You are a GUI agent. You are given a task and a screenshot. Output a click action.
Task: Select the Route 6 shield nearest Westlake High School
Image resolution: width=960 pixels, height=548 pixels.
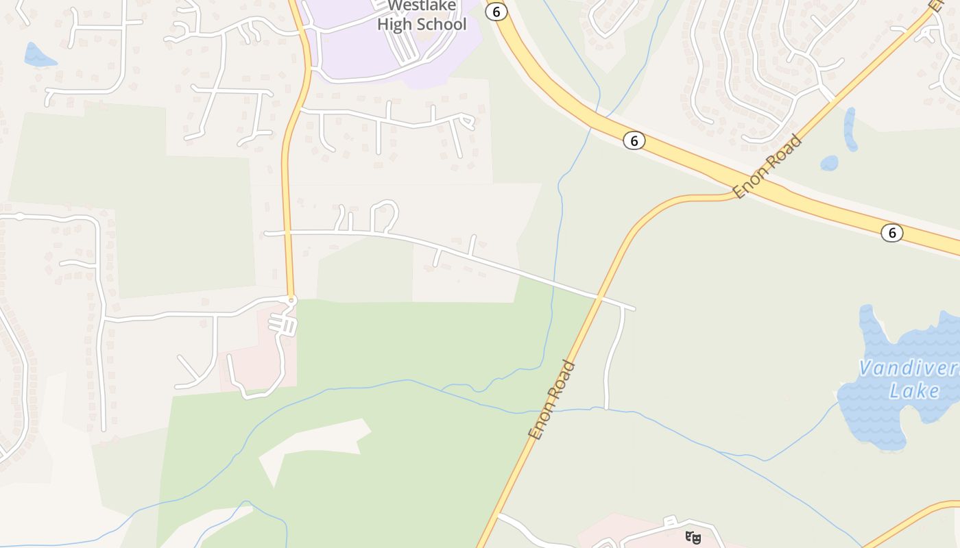[x=496, y=12]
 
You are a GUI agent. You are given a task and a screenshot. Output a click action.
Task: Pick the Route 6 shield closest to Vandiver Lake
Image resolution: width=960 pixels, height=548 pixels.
[x=891, y=233]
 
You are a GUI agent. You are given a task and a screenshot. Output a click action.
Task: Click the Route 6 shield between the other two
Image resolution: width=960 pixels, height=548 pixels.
[x=634, y=140]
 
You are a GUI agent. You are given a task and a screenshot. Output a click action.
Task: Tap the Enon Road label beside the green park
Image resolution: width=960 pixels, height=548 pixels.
[x=552, y=400]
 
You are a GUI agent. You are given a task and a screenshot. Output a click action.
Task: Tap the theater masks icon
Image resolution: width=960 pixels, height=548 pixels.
[x=693, y=538]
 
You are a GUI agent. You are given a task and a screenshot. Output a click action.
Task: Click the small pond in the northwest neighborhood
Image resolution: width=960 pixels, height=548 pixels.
[x=39, y=55]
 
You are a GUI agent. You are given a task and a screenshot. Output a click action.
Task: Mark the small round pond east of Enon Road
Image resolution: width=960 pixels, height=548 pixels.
[x=829, y=163]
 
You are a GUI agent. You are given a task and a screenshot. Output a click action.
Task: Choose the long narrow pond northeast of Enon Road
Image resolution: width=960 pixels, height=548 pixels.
[x=850, y=129]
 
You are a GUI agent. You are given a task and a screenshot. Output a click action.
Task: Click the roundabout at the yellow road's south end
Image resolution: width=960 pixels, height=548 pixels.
[x=291, y=300]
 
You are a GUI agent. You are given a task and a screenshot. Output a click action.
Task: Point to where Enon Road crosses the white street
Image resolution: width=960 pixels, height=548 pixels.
[x=599, y=298]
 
